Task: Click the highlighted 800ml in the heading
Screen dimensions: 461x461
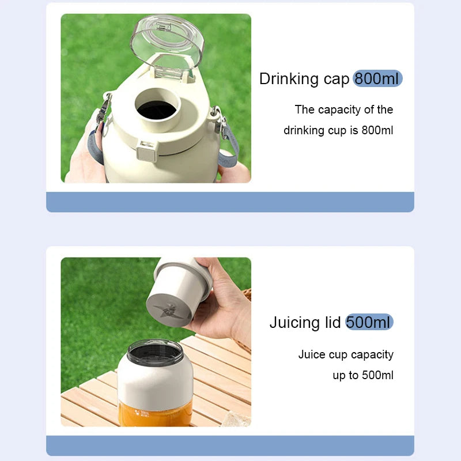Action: tap(377, 78)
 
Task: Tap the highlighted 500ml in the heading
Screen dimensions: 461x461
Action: tap(369, 322)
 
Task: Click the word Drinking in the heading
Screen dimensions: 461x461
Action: tap(289, 79)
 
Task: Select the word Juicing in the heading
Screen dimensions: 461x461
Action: tap(294, 323)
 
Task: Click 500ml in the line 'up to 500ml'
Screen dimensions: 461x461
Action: tap(377, 375)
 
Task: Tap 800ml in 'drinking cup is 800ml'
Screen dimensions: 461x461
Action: tap(377, 130)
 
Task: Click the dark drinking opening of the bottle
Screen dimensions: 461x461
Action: tap(157, 109)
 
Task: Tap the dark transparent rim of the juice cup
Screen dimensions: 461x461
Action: tap(155, 353)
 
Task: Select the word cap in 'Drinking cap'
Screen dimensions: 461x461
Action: tap(337, 80)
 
